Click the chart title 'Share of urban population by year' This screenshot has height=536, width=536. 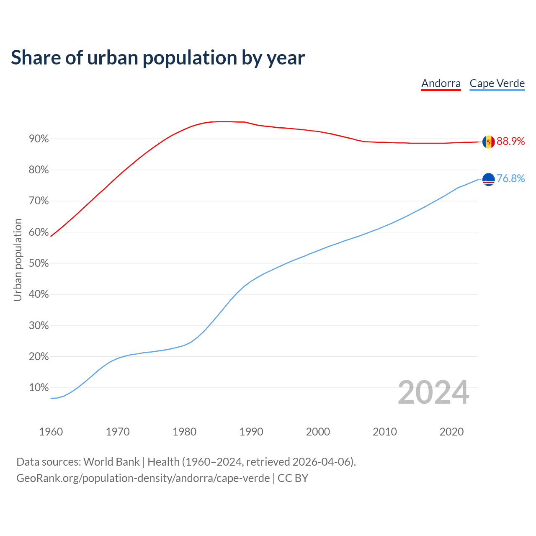tap(158, 58)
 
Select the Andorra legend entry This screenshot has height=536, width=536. tap(441, 83)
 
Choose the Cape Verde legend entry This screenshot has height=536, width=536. tap(497, 83)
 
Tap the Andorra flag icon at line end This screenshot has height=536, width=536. tap(488, 142)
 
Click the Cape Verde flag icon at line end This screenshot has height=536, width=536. tap(488, 180)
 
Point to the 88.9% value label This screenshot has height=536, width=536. tap(511, 142)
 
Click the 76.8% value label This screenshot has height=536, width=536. tap(511, 179)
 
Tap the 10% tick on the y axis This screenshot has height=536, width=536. tap(39, 388)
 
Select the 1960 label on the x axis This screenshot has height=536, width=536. tap(51, 432)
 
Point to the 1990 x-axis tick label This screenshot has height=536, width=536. tap(251, 432)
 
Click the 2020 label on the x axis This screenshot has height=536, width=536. tap(451, 432)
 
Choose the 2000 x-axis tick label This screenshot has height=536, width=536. tap(318, 432)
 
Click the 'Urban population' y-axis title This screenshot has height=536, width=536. tap(18, 260)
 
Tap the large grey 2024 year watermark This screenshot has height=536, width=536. tap(433, 393)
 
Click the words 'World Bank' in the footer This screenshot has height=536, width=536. tap(111, 462)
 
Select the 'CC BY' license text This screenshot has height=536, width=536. tap(293, 478)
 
